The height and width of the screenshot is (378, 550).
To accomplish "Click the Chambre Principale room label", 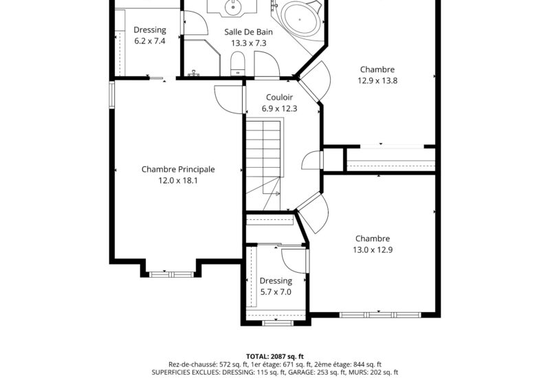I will coord(178,169).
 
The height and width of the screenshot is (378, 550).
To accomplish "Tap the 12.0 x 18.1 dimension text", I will coord(178,181).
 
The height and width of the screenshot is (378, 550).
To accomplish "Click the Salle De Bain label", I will coord(248,32).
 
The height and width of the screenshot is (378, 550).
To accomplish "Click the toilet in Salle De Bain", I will coord(237,67).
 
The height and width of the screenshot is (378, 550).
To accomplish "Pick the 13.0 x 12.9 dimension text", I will coord(373,249).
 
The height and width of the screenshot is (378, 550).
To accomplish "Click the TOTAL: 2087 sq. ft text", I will coord(274,356).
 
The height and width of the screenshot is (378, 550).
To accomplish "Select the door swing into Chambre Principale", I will coord(227,100).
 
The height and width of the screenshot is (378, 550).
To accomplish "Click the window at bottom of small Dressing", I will coord(275,321).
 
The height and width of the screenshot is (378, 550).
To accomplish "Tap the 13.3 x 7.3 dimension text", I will coord(248,43).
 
